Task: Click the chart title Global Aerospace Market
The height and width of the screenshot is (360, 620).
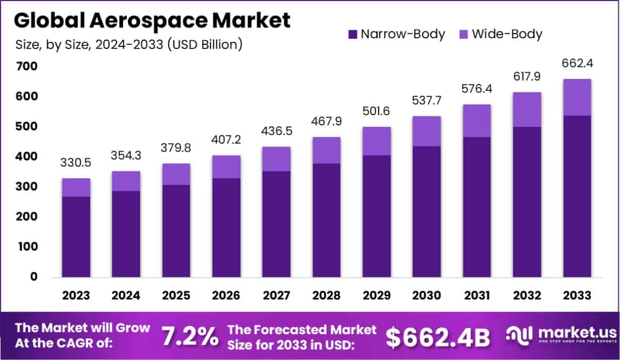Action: click(x=152, y=21)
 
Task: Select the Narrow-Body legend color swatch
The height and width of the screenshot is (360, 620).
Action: click(x=353, y=35)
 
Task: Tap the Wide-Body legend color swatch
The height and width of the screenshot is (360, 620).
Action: click(x=464, y=35)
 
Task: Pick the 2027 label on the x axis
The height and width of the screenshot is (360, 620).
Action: click(x=276, y=296)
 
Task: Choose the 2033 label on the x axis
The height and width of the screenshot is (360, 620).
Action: click(x=577, y=296)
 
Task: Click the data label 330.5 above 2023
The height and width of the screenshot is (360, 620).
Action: click(x=76, y=163)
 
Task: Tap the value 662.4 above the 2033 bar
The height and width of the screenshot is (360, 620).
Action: click(x=577, y=64)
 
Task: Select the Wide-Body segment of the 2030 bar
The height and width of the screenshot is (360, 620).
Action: click(x=427, y=131)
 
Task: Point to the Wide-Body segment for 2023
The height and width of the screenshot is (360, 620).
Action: click(x=76, y=187)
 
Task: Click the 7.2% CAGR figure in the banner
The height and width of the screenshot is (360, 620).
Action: click(x=190, y=336)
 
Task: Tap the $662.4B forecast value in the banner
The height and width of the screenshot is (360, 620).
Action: click(x=437, y=337)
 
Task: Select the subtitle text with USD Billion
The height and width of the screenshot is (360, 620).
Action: click(x=128, y=45)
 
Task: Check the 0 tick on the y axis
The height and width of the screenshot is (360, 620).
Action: click(x=33, y=277)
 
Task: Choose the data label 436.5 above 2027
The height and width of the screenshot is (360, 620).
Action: click(x=276, y=132)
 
